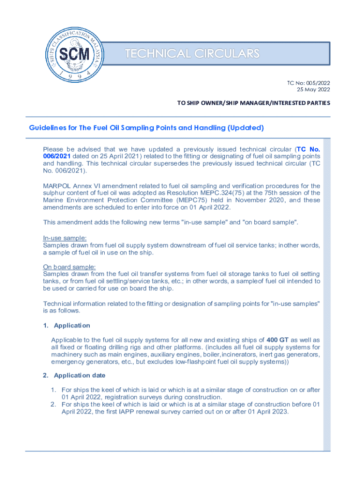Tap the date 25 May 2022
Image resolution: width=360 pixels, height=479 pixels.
click(x=313, y=89)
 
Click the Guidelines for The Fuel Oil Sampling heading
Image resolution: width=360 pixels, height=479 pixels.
click(x=147, y=127)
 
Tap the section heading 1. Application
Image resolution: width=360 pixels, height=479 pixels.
click(x=66, y=325)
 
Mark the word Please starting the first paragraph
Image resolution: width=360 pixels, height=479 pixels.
click(x=55, y=149)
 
